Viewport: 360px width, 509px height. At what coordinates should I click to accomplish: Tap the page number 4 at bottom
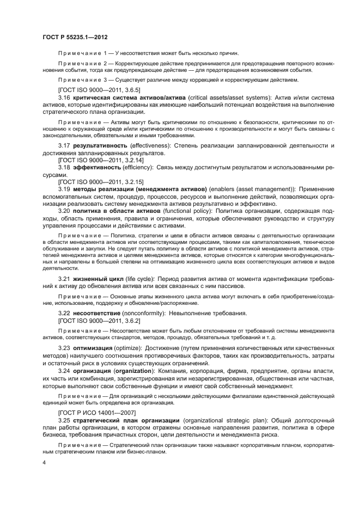(44, 462)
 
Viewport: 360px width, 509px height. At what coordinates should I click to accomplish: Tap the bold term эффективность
(94, 169)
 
